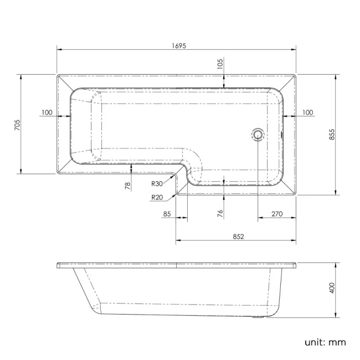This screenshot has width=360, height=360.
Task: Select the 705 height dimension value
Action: pyautogui.click(x=17, y=125)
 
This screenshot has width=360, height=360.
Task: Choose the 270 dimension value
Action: pyautogui.click(x=277, y=213)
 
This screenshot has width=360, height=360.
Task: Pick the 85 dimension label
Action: pyautogui.click(x=167, y=213)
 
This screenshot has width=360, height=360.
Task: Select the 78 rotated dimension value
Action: pyautogui.click(x=127, y=186)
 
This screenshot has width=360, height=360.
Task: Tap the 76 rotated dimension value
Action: pyautogui.click(x=220, y=213)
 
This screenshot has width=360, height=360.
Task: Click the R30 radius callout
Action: pyautogui.click(x=157, y=184)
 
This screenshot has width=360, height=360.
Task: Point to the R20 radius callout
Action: pyautogui.click(x=157, y=197)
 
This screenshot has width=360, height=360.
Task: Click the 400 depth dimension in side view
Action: pyautogui.click(x=332, y=289)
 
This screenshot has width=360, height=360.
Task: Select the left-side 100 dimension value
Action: pyautogui.click(x=47, y=112)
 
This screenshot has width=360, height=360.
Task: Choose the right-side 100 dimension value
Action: pyautogui.click(x=308, y=112)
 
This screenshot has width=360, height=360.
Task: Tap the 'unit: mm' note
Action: pyautogui.click(x=325, y=342)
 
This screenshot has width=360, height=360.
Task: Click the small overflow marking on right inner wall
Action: pyautogui.click(x=282, y=133)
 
